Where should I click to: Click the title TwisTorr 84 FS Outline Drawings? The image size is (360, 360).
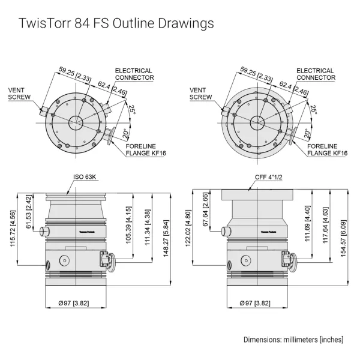116,24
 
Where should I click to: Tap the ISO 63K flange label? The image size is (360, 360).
85,177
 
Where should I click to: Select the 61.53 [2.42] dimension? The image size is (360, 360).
29,212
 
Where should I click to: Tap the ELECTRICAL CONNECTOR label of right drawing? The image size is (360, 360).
316,74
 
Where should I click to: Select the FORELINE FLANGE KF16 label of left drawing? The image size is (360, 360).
145,149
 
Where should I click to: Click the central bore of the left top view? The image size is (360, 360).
77,122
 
